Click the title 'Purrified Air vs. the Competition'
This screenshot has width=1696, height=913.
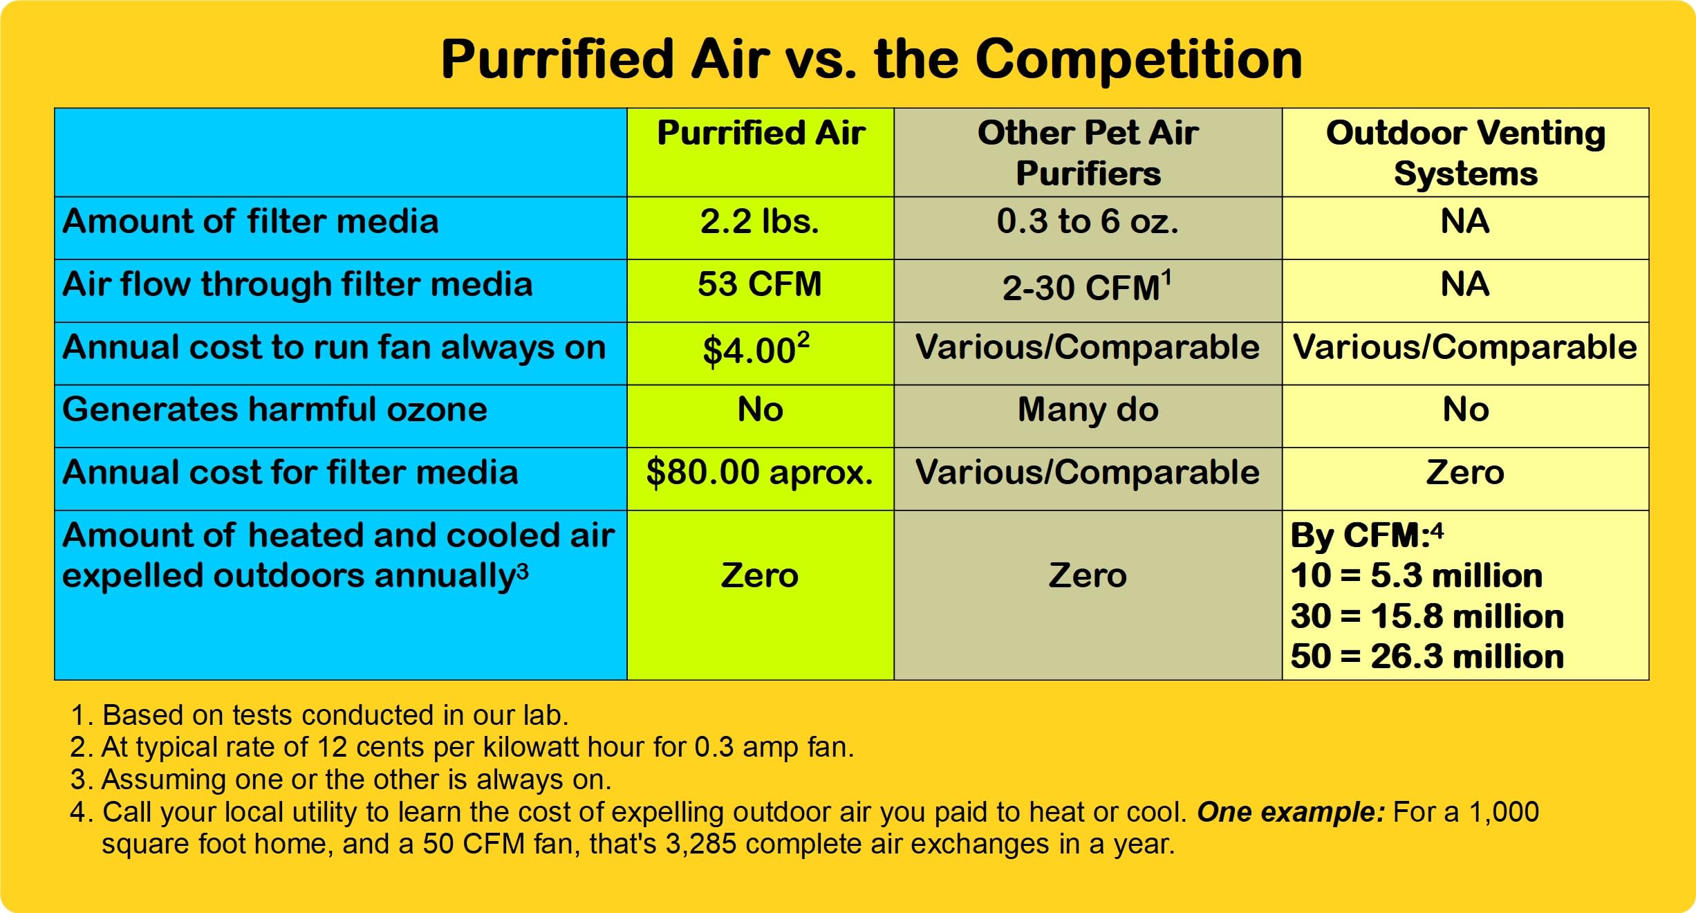pos(872,59)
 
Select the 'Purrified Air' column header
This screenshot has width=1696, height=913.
pos(761,133)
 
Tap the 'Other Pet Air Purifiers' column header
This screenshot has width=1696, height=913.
pos(1088,153)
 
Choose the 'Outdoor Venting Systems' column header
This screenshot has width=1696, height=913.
pos(1466,153)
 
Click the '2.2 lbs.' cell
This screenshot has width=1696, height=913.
pos(760,221)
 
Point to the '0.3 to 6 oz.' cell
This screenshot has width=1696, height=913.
pos(1088,221)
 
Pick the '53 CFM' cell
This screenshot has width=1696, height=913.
pos(760,284)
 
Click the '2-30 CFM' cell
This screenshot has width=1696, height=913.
pos(1088,286)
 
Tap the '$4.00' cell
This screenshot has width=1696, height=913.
pos(756,349)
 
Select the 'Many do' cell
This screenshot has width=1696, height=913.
pos(1088,409)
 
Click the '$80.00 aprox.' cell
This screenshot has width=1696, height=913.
pos(760,472)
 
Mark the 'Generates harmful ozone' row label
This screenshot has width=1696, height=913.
pos(274,409)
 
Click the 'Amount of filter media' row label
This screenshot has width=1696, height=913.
pos(250,221)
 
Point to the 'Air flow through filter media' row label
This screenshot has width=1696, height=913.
pos(297,284)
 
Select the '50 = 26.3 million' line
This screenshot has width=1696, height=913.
pos(1427,656)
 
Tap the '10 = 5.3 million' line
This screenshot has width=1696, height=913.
pos(1417,575)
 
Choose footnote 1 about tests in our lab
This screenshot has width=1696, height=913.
pos(319,715)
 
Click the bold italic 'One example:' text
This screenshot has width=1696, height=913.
pos(1291,812)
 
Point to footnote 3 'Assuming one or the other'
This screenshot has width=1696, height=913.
pos(341,780)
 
